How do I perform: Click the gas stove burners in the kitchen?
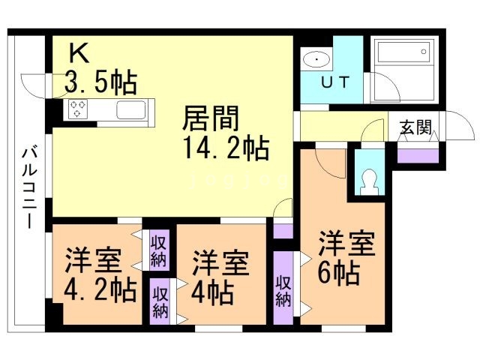pos(77,109)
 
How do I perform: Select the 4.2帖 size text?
pos(99,288)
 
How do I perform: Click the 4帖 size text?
pos(214,288)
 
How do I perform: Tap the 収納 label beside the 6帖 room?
pos(283,290)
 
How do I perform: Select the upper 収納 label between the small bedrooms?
pos(158,250)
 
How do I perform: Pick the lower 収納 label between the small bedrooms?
pos(160,300)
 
